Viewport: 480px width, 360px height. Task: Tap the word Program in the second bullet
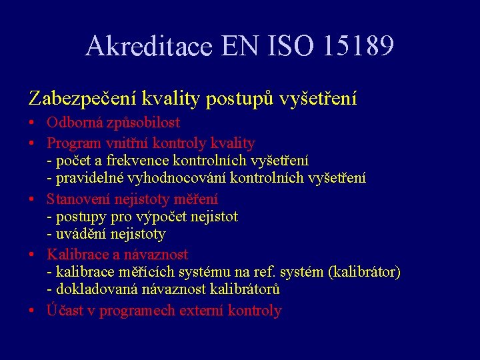[x=73, y=143]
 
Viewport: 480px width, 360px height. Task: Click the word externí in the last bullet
[x=200, y=311]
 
